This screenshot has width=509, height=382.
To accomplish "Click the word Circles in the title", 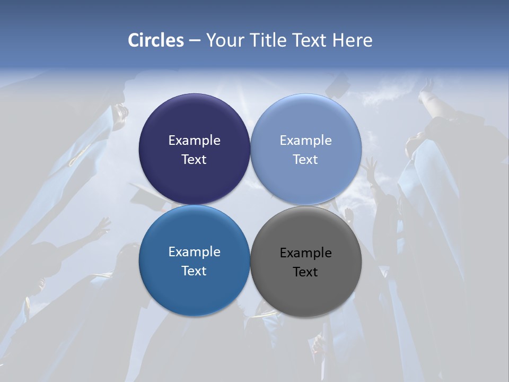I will pos(156,40).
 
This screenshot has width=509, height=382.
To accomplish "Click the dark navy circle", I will pos(194,122).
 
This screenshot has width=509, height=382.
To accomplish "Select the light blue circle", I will pos(306,122).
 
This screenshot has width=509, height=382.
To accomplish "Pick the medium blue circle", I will pos(194,286).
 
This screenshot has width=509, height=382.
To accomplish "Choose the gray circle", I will pos(306,289).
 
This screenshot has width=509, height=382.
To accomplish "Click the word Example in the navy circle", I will pos(194,140).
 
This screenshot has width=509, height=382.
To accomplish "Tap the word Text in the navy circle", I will pos(194,159).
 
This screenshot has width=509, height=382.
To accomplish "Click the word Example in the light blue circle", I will pos(306,140).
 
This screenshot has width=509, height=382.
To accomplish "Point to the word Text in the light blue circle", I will pos(306,159).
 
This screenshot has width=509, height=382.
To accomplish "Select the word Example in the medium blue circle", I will pos(194,251).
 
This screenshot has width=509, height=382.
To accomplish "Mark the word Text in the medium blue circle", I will pos(194,271).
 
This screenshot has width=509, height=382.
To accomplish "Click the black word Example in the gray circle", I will pos(306,253).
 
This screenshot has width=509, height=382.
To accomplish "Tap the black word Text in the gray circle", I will pos(306,272).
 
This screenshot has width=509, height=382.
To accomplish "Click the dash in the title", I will pos(195,41).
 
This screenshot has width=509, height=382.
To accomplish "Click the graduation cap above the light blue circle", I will pos(338,85).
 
